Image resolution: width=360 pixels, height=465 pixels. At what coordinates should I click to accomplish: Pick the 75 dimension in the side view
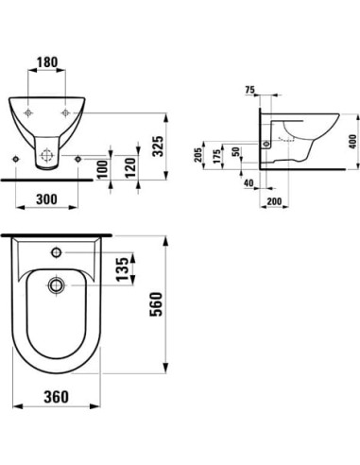pos(249,91)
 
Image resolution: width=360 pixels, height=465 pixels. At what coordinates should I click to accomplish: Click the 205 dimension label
pos(199,154)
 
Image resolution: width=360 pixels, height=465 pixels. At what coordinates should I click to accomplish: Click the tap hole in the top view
pos(57,252)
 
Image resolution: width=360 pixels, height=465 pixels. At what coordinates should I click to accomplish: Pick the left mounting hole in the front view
pos(32,114)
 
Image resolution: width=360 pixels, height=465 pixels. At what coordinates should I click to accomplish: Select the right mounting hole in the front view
pos(78,114)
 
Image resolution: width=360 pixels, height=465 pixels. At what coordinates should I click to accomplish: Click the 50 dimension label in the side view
pos(236,154)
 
